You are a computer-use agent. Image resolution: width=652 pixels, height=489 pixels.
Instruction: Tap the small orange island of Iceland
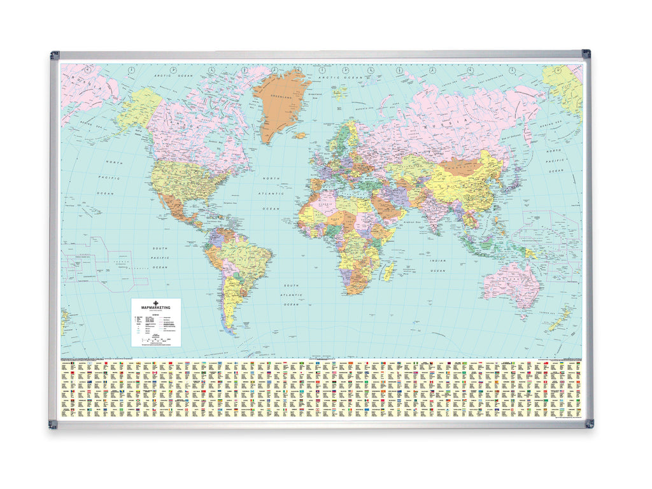tap(299, 135)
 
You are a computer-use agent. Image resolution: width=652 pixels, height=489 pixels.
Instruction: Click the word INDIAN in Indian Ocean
tap(437, 261)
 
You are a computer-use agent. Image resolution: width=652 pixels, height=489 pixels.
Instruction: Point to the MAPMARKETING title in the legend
tap(156, 308)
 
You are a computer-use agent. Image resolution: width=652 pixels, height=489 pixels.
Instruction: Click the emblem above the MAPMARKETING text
tap(156, 302)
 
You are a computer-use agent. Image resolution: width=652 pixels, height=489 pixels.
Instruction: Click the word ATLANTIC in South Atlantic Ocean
tap(292, 295)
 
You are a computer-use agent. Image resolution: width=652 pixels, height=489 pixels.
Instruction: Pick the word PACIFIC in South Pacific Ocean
tap(160, 257)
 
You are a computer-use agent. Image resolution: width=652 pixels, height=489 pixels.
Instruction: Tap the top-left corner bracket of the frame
tap(55, 55)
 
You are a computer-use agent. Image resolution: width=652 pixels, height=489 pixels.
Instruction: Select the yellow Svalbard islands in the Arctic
tap(341, 93)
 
